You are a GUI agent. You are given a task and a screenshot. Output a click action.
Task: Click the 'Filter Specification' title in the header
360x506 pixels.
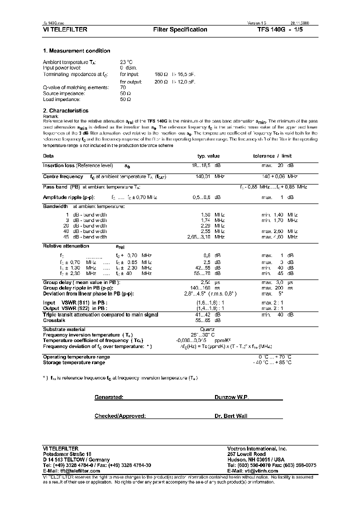180,29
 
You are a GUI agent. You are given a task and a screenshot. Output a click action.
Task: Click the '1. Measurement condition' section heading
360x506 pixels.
76,51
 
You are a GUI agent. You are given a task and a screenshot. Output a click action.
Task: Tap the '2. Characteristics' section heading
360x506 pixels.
65,110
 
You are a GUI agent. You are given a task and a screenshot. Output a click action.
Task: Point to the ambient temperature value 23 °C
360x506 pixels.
126,62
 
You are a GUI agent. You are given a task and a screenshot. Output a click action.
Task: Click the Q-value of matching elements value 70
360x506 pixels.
123,87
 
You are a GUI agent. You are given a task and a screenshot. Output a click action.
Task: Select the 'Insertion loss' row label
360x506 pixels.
58,165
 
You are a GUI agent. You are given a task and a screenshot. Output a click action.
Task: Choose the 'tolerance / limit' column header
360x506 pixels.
272,156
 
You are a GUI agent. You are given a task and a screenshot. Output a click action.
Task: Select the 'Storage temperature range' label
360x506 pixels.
74,362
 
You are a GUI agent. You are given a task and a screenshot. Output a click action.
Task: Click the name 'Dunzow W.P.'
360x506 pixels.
231,396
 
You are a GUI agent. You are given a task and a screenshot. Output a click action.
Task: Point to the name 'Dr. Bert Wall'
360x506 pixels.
231,416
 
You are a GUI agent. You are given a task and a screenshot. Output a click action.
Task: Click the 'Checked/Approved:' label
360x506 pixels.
120,416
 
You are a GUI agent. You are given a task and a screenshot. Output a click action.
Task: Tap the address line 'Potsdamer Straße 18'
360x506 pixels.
67,454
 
